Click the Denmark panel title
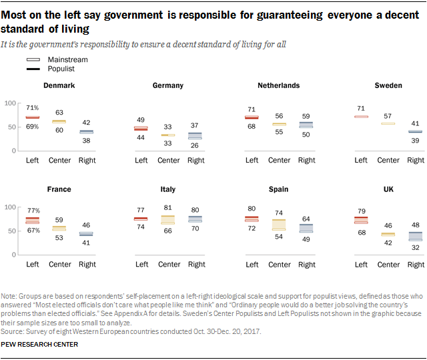[x=58, y=85]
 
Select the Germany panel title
[x=168, y=85]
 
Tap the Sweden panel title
[x=388, y=85]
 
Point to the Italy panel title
[x=168, y=189]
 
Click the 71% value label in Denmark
[x=33, y=107]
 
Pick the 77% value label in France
[x=33, y=210]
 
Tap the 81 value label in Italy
[x=168, y=208]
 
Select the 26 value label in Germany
[x=195, y=145]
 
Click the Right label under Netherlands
[x=306, y=160]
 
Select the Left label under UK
[x=361, y=265]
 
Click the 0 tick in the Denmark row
[x=14, y=151]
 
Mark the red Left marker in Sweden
[x=361, y=117]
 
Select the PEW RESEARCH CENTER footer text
[x=41, y=344]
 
